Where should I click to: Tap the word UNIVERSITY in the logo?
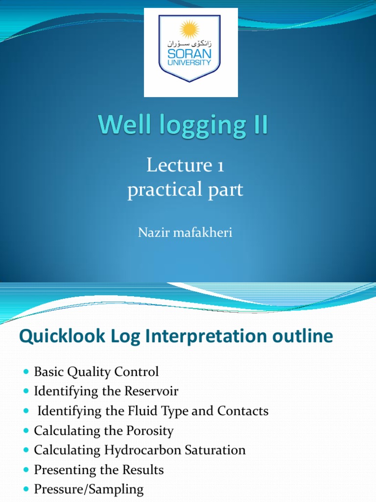tap(191, 63)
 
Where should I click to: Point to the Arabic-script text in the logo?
tap(191, 44)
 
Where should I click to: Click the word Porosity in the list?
tap(150, 431)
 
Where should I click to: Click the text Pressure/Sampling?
tap(89, 489)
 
